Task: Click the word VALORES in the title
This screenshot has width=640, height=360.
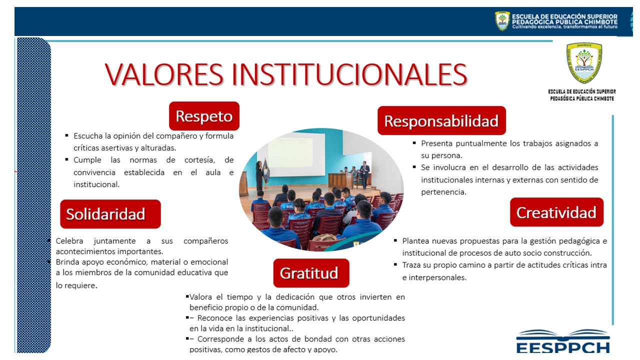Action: [164, 74]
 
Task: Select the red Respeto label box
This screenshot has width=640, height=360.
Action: [204, 116]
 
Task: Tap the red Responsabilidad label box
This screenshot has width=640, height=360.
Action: [441, 120]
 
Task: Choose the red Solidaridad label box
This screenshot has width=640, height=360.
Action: [110, 214]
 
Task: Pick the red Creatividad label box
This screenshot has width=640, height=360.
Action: [556, 212]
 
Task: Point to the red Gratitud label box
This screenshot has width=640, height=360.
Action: [311, 273]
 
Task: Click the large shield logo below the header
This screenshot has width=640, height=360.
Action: [584, 63]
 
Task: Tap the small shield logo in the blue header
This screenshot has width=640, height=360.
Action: [502, 21]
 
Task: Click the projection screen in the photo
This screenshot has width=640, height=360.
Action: [296, 153]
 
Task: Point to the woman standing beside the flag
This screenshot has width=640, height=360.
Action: [258, 175]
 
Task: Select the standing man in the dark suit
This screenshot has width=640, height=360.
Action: [364, 175]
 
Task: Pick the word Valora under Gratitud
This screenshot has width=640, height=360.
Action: [200, 297]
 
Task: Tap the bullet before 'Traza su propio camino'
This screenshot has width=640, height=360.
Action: [395, 264]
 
